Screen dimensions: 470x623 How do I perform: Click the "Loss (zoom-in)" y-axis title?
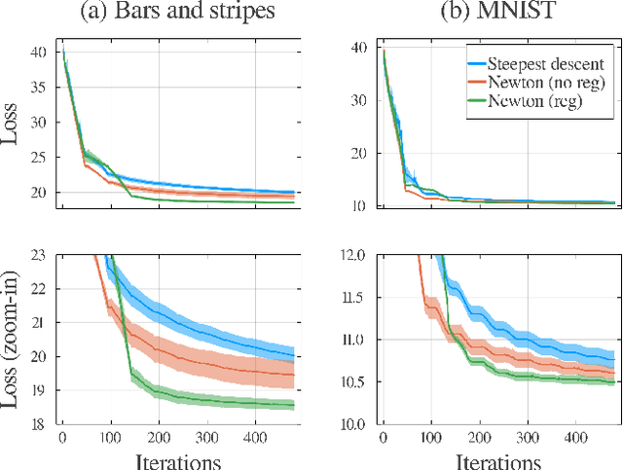click(x=14, y=340)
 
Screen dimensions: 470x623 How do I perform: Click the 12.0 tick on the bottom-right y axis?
click(x=354, y=256)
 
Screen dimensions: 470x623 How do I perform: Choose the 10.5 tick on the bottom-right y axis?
click(x=354, y=382)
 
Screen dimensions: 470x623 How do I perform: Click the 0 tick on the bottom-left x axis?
click(x=62, y=437)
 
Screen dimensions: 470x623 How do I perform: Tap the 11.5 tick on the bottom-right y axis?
click(x=354, y=298)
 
